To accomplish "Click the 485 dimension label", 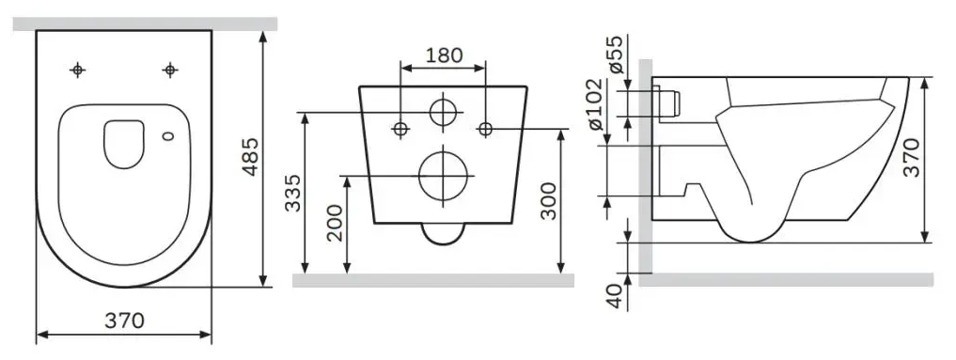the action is point(250,157).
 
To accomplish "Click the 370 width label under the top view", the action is point(124,321).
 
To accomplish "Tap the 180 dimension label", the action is point(444,55).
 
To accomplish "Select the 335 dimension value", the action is point(293,193).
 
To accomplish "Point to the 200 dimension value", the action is point(335,223).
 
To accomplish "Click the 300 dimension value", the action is point(549,201).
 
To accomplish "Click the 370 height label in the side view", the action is point(912,158).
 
